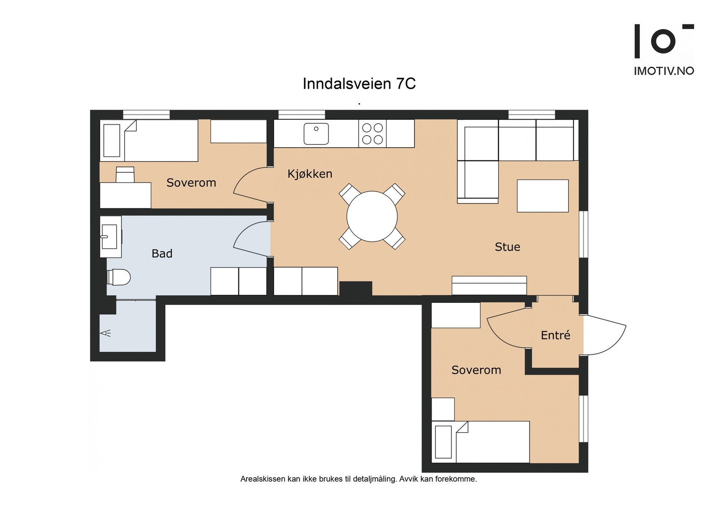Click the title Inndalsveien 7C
click(359, 84)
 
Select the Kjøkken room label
click(310, 174)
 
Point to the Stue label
click(508, 247)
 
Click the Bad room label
click(162, 254)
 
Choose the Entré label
click(556, 335)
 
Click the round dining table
click(372, 216)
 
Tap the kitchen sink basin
click(316, 134)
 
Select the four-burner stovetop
click(372, 134)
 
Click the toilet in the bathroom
click(118, 277)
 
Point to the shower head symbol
click(105, 333)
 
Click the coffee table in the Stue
click(543, 196)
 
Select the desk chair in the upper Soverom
click(125, 175)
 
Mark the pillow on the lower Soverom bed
click(444, 442)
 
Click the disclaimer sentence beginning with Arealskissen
click(359, 479)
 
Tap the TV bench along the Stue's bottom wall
click(489, 285)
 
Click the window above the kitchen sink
click(302, 114)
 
